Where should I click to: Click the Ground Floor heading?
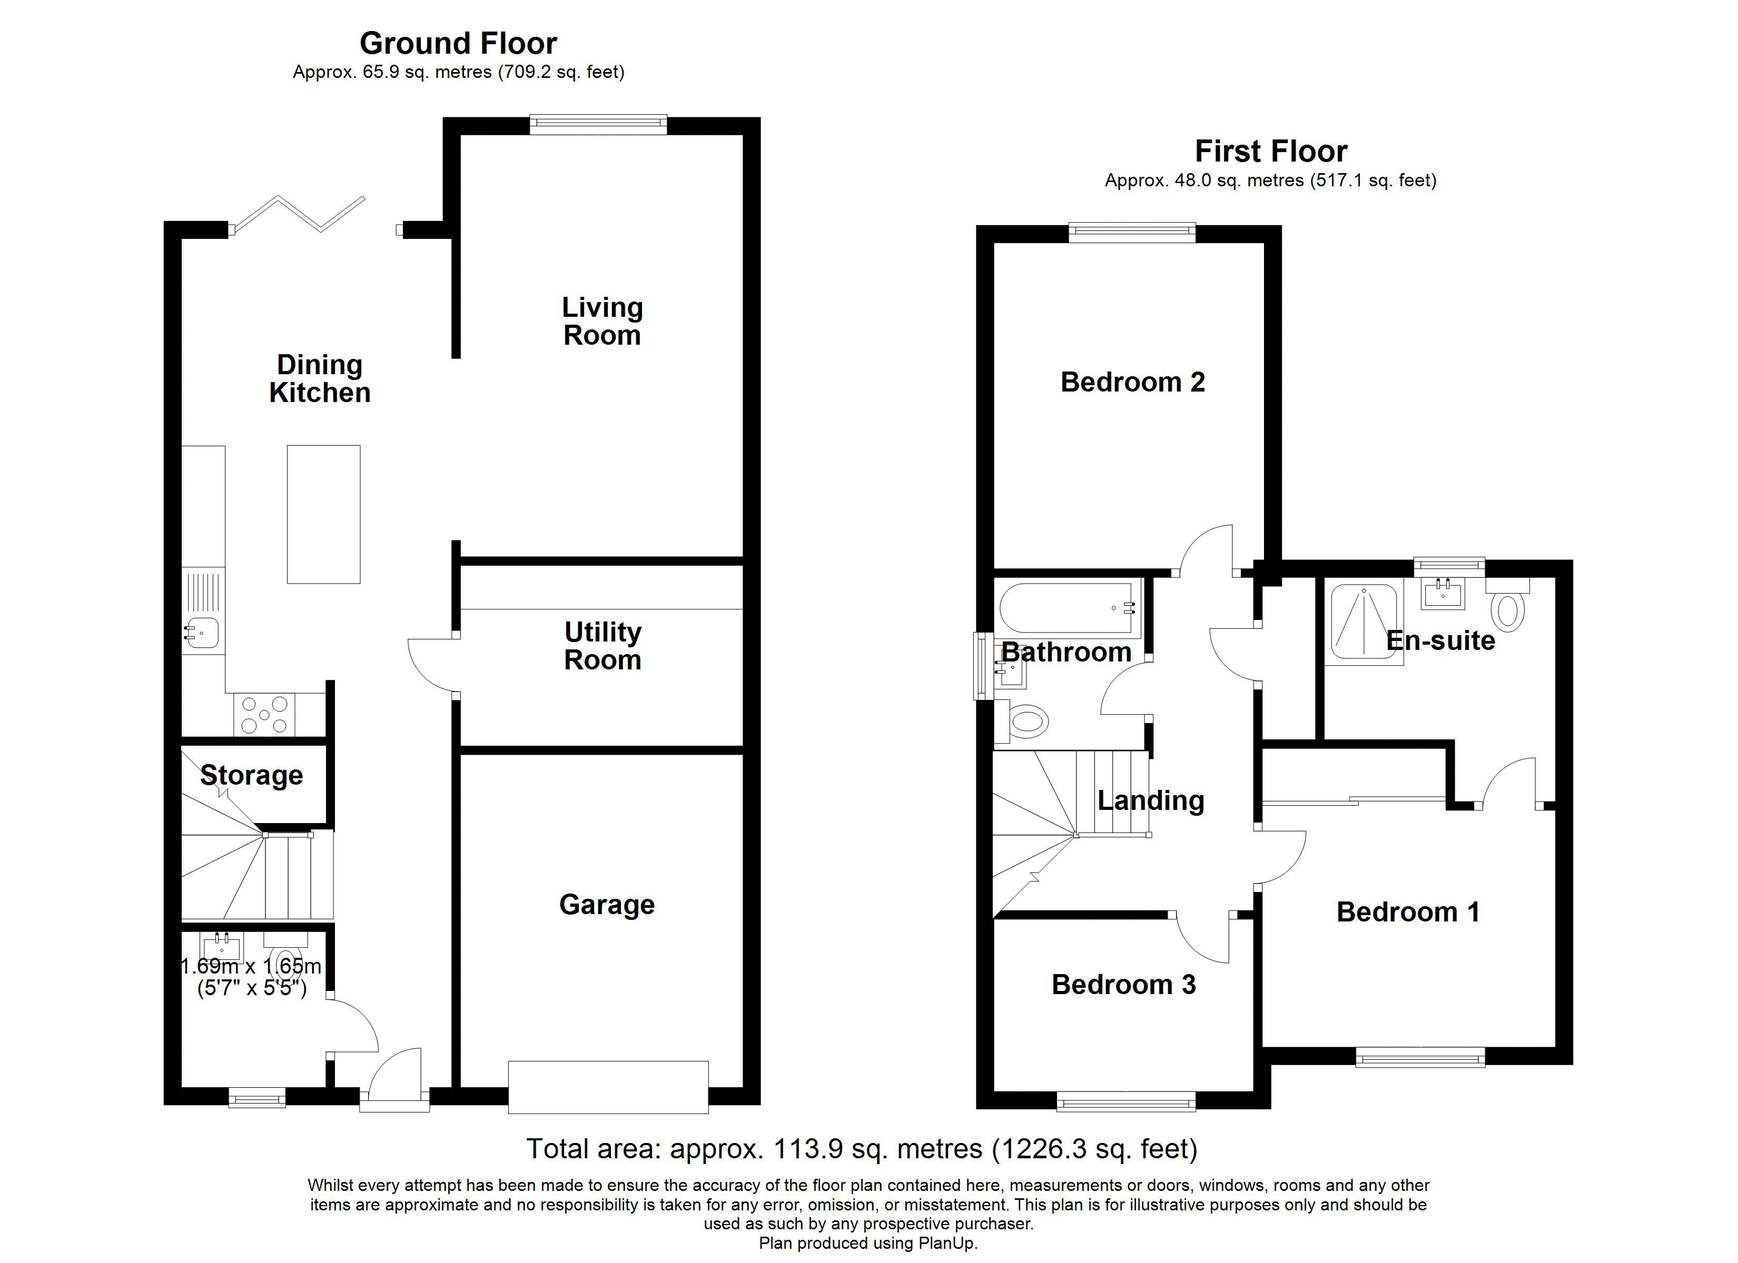458,44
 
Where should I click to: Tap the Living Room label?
603,322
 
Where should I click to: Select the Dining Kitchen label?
320,378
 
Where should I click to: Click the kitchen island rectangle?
323,514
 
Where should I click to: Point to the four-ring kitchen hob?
264,715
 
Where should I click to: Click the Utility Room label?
603,646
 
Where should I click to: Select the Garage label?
607,905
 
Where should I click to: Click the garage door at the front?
608,1087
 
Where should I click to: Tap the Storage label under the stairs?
251,775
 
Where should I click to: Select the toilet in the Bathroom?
1029,721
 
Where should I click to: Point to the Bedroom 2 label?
1133,382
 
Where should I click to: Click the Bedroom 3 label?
1123,984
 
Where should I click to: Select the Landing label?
1151,800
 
